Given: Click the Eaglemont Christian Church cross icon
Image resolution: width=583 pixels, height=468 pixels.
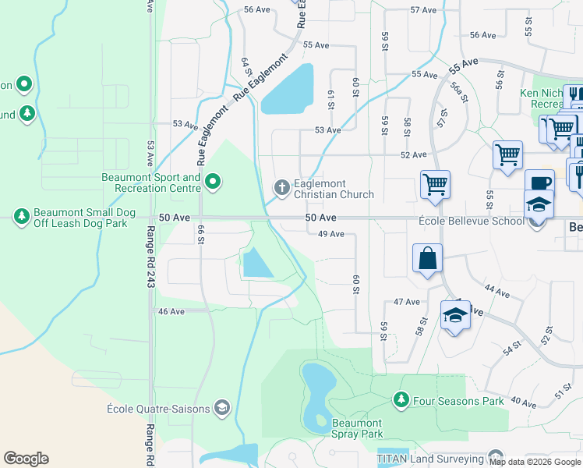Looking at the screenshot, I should tap(281, 186).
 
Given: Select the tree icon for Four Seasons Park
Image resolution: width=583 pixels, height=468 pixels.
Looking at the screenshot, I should tap(401, 400).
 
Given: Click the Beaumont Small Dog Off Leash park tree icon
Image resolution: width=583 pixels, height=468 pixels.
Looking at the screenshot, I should tap(22, 215).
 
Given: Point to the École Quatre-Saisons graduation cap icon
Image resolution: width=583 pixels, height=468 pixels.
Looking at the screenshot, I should tap(222, 408).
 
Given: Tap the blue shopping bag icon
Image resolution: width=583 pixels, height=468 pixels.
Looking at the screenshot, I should tap(428, 259).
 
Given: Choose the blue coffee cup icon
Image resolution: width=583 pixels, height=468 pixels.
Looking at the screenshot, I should tap(539, 183).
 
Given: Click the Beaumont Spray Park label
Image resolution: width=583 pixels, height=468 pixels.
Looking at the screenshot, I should tap(358, 428).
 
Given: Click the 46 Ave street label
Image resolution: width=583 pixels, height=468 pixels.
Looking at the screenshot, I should tap(171, 311).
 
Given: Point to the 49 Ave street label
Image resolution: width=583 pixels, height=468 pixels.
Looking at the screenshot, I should tap(331, 234).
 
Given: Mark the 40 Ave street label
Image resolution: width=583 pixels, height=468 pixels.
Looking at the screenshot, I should tap(524, 403).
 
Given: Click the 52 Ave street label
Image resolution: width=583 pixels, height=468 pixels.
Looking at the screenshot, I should tap(414, 155).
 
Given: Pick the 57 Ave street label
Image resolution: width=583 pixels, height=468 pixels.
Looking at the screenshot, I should tap(423, 10).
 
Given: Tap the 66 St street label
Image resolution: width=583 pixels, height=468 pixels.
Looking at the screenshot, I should tap(201, 234).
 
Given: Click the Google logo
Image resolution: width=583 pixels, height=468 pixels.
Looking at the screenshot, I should tap(26, 459).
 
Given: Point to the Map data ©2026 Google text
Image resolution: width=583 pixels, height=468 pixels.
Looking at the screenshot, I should tap(535, 462).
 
